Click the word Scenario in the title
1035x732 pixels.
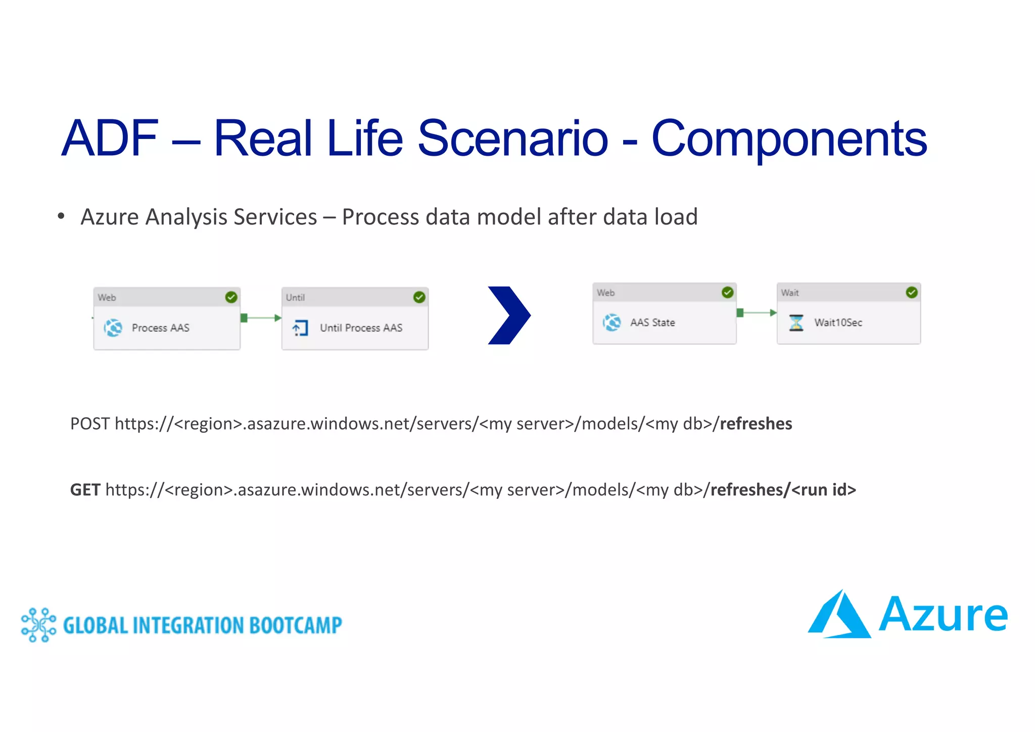coord(512,138)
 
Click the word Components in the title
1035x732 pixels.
coord(789,138)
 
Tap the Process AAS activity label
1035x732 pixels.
coord(160,328)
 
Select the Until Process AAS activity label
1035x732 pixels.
coord(361,328)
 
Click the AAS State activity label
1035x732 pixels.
coord(652,323)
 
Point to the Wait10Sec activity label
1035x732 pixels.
coord(838,323)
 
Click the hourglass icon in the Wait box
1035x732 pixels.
coord(796,323)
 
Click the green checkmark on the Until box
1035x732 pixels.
coord(419,297)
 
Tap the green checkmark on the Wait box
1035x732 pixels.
coord(911,292)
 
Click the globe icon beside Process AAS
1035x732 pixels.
coord(113,328)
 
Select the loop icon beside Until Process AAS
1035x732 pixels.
coord(300,328)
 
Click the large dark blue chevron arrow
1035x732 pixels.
coord(509,315)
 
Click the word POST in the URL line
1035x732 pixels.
coord(89,424)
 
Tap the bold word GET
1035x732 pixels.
coord(85,490)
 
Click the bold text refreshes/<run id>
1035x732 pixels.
coord(783,490)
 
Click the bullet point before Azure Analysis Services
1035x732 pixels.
coord(61,217)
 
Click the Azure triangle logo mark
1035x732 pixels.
coord(839,615)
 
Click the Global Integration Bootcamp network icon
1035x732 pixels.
coord(38,625)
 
